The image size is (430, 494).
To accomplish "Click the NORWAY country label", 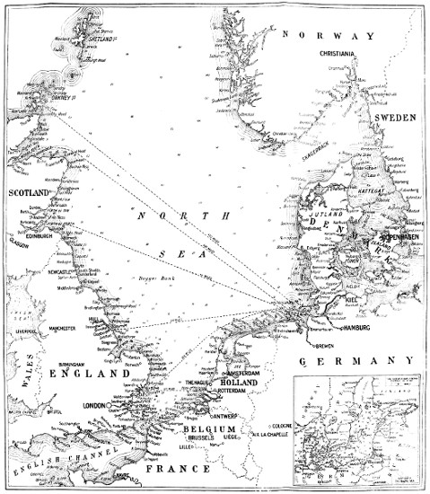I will (x=327, y=36).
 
